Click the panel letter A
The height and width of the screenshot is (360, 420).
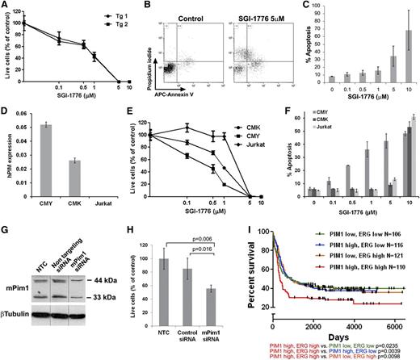6,6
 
